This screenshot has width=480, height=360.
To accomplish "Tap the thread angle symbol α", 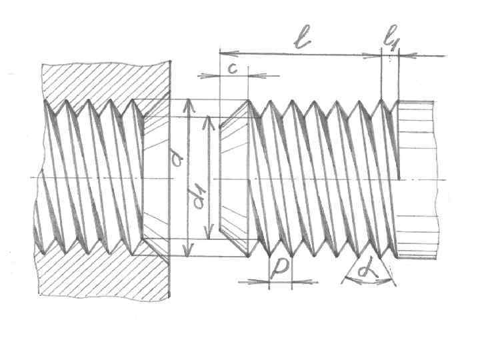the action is (x=367, y=271).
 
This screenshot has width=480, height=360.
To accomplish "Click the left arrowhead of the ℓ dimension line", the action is (x=223, y=51).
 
